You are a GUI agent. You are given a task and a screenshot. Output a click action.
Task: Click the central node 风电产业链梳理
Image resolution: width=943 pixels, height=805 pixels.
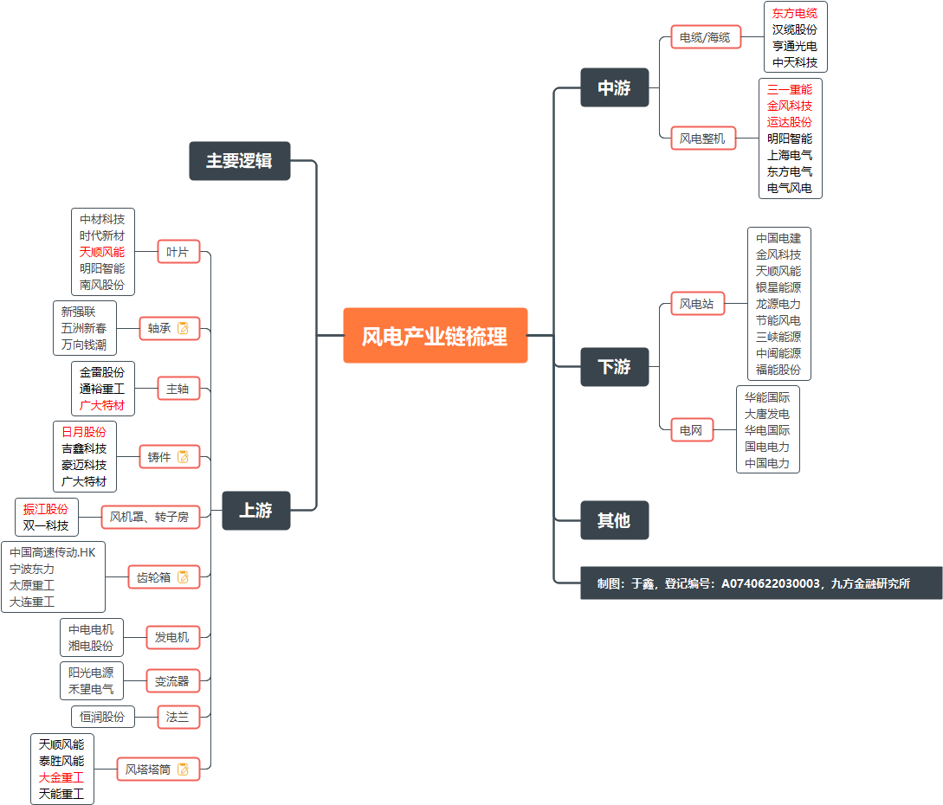coord(435,336)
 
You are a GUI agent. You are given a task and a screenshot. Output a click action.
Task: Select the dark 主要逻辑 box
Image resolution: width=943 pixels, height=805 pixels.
coord(239,161)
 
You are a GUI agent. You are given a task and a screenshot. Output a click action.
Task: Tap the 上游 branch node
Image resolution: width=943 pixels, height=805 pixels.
coord(255,511)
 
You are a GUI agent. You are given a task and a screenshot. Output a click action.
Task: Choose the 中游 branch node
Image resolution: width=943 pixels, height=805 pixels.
coord(614,87)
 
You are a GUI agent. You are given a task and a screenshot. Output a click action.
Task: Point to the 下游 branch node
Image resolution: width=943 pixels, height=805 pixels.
coord(614,366)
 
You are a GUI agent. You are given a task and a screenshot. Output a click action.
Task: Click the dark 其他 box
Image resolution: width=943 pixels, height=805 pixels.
coord(614,520)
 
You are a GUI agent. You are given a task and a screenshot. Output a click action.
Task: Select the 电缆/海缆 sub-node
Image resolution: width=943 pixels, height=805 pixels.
coord(705,37)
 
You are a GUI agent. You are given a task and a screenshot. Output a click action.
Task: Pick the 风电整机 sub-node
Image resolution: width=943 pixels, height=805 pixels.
coord(702,138)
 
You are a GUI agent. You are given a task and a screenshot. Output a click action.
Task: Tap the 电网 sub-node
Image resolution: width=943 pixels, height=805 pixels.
coord(691,429)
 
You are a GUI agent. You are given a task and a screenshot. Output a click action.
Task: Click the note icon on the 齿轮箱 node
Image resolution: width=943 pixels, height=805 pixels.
coord(183,577)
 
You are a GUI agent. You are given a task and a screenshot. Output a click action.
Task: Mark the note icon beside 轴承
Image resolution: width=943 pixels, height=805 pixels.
coord(183,328)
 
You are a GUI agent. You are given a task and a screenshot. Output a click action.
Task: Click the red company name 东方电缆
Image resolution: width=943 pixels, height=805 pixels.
coord(795,13)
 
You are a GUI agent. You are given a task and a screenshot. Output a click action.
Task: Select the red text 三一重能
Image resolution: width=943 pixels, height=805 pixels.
coord(790,89)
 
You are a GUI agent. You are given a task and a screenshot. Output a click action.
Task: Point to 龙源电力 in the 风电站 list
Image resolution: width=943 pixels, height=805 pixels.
coord(778,304)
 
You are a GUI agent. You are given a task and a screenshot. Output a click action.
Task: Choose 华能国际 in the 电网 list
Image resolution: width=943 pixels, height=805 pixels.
coord(767,397)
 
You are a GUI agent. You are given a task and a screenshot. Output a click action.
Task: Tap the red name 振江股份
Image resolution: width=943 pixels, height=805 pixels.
coord(46,509)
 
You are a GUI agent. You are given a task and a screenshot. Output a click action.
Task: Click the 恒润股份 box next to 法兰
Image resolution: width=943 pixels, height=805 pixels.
coord(102,717)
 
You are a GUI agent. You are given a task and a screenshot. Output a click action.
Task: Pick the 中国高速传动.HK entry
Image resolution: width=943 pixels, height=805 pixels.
coord(53,552)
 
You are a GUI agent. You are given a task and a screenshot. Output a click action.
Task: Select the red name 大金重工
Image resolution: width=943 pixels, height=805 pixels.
coord(61,777)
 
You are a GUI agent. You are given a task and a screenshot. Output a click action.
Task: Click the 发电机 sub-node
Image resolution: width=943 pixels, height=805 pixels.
coord(172,638)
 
